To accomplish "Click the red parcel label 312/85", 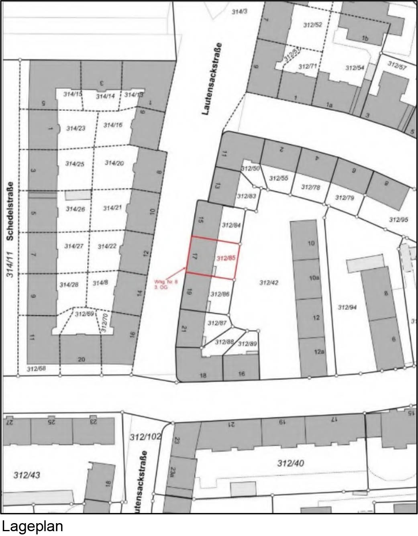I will coord(226,259).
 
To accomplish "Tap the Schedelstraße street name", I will coord(10,211).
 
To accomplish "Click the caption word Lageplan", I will coord(33,526).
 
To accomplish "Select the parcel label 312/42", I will coord(269,283).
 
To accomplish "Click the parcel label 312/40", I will coord(290,463).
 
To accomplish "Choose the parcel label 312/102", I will coord(145,436).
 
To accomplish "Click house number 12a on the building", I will coord(319,352).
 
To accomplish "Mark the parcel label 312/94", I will coord(348,308).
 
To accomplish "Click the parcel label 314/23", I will coord(76,128).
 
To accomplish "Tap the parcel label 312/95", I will coord(399,220).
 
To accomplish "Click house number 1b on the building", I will coord(365,38).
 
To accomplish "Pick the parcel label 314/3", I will coord(240,12).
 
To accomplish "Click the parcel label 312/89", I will coord(247,344).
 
